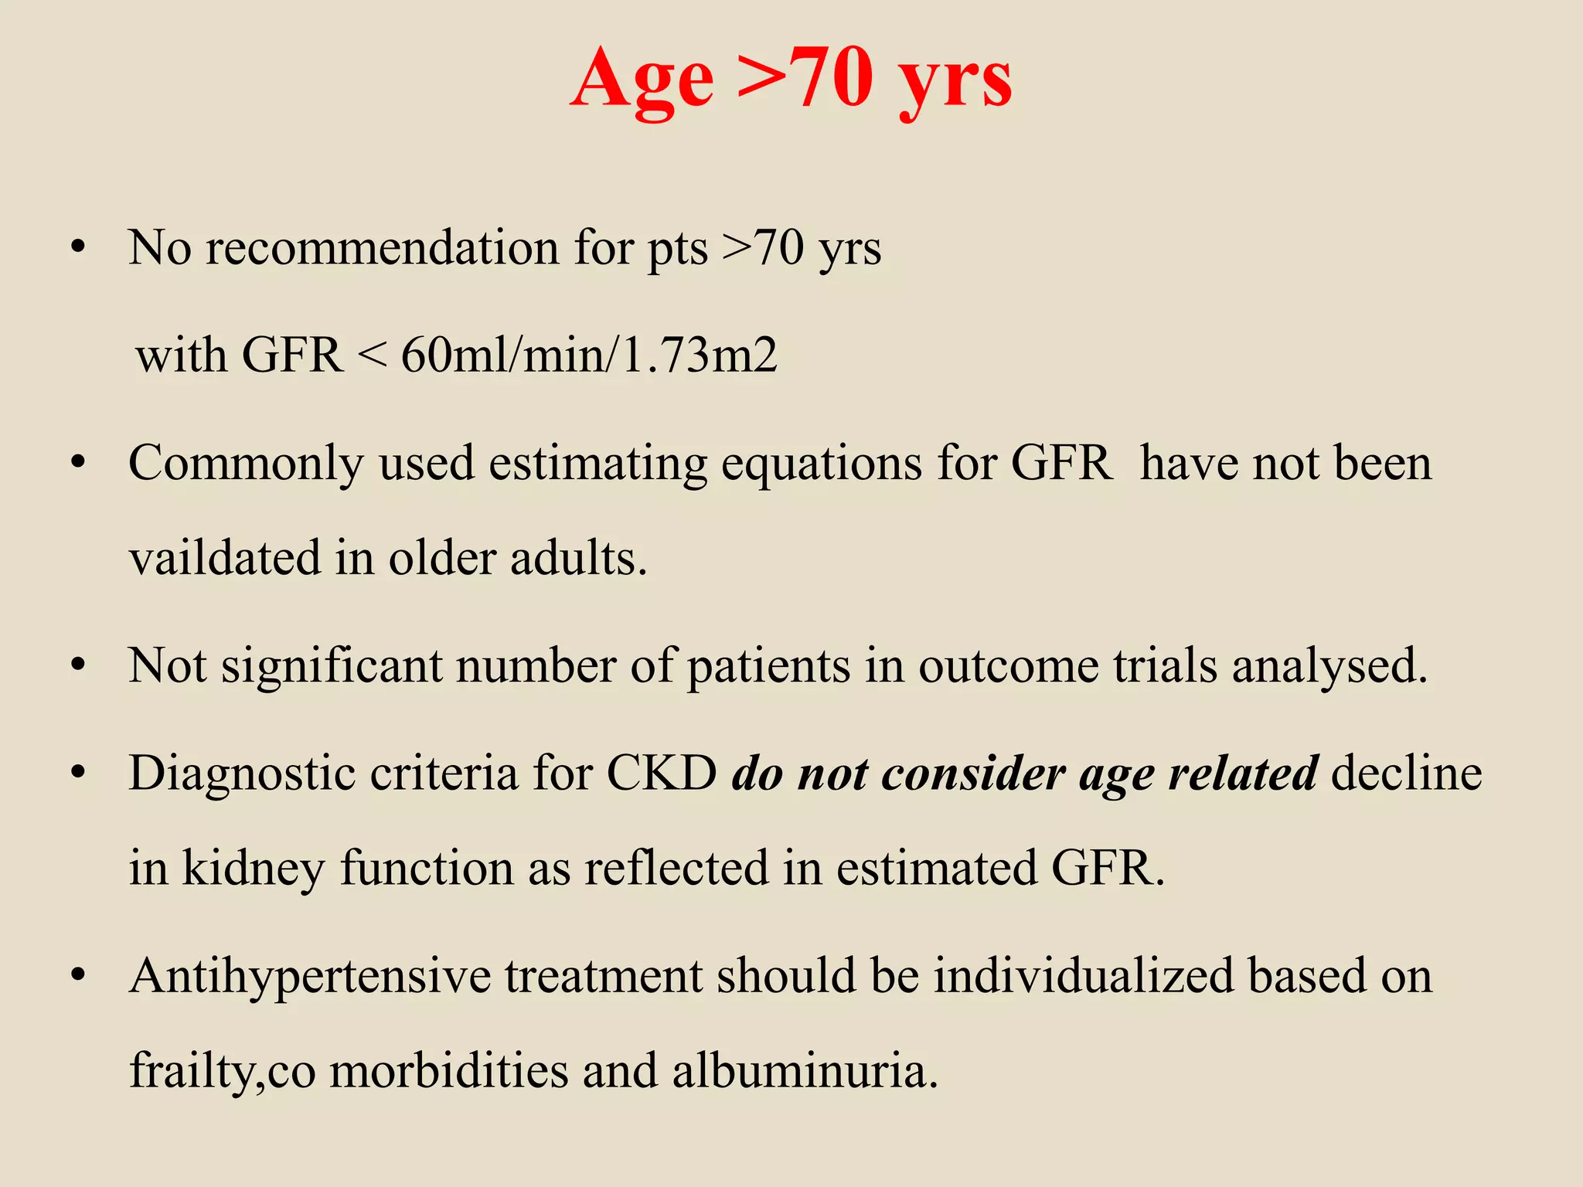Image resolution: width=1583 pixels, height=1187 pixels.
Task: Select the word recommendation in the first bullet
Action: (382, 248)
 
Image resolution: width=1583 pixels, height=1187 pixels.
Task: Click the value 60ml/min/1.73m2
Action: (589, 355)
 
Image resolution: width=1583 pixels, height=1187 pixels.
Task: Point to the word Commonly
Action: (246, 464)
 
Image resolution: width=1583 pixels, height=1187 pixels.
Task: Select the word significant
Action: (332, 665)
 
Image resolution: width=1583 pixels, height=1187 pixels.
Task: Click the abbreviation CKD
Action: (662, 773)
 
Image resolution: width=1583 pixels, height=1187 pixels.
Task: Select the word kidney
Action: (254, 868)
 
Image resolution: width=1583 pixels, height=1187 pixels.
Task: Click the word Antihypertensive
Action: (310, 975)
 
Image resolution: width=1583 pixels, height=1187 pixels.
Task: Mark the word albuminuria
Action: (805, 1071)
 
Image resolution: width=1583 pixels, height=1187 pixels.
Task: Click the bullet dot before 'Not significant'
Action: (77, 667)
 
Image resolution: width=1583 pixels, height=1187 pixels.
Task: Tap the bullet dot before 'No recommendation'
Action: (77, 250)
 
